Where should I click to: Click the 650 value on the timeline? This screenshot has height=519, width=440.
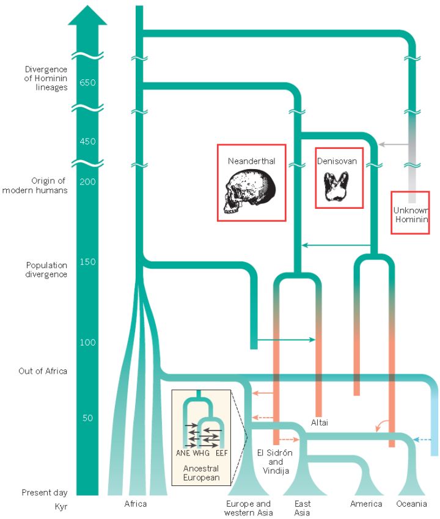[x=88, y=82]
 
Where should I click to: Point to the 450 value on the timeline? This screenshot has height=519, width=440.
[x=88, y=141]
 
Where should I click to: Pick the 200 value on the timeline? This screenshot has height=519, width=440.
[x=88, y=181]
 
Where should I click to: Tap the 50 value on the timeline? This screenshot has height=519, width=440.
[x=88, y=418]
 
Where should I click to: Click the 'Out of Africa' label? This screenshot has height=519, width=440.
[x=43, y=371]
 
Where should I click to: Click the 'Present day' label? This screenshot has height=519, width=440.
[x=45, y=493]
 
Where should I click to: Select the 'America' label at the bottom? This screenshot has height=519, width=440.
[x=366, y=504]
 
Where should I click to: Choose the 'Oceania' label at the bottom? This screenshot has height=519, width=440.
[x=412, y=504]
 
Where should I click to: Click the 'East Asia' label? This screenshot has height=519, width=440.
[x=302, y=508]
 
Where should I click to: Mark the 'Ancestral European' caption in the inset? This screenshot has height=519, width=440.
[x=201, y=473]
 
